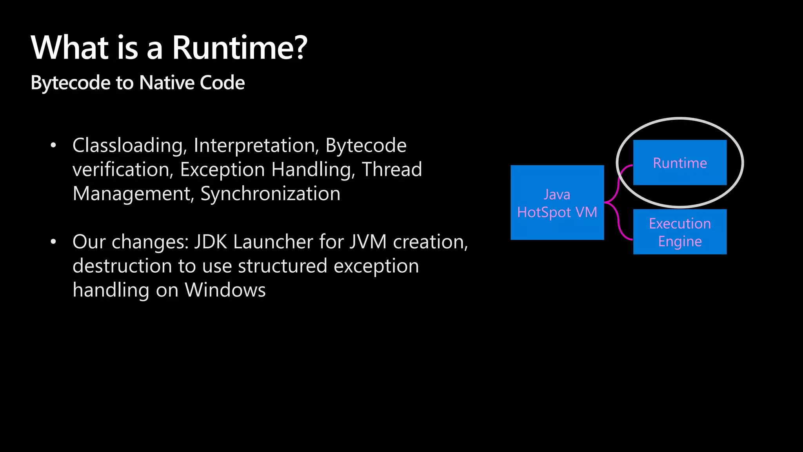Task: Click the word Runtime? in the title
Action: point(240,47)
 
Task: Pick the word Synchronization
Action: point(270,193)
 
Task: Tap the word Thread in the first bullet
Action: point(392,169)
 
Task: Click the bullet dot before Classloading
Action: point(53,146)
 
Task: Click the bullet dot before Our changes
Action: point(53,242)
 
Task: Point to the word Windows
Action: point(225,290)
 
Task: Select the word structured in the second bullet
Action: point(282,266)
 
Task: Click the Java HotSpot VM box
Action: point(557,202)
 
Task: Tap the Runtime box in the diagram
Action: point(679,162)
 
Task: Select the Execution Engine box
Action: point(679,232)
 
